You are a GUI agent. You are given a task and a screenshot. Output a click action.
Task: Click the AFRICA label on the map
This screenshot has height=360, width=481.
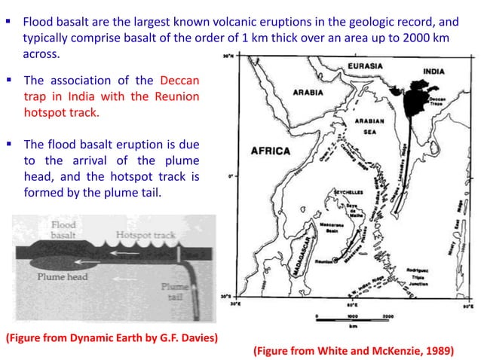270,151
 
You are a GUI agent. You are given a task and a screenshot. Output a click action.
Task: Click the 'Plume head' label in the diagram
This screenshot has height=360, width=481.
60,276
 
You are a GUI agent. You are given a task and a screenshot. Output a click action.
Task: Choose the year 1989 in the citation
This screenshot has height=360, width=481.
443,350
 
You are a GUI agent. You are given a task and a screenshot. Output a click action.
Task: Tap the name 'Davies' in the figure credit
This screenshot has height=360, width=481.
196,335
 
